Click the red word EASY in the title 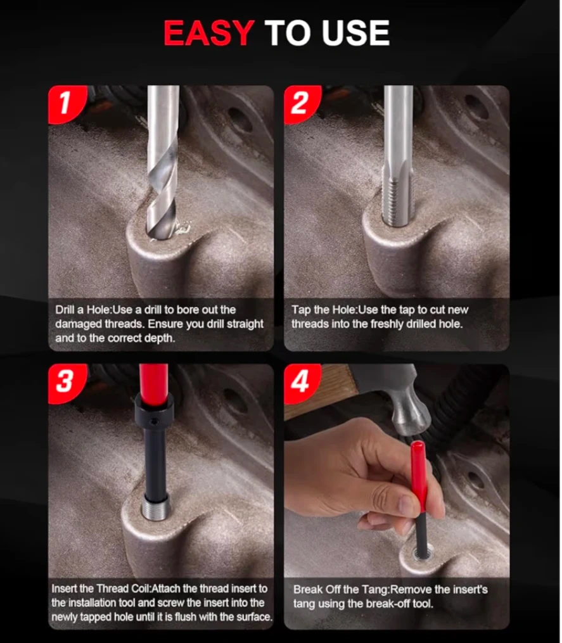pos(209,33)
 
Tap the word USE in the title pos(355,33)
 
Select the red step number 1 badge pos(67,104)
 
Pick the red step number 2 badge pos(302,104)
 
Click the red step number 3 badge pos(67,383)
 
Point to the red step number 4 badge pos(302,383)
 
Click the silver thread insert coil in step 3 pos(156,507)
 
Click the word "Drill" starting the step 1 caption pos(64,310)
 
